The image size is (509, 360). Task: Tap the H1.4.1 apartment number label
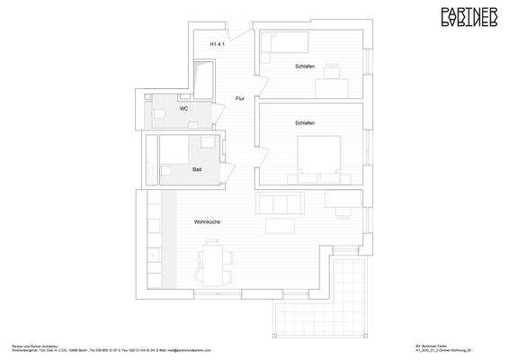pyautogui.click(x=218, y=44)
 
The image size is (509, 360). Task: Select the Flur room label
pyautogui.click(x=240, y=98)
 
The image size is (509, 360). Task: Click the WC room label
pyautogui.click(x=183, y=108)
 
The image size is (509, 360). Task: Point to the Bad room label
pyautogui.click(x=197, y=168)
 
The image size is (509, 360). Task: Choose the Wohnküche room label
pyautogui.click(x=207, y=221)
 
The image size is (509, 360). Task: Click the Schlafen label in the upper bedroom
pyautogui.click(x=304, y=68)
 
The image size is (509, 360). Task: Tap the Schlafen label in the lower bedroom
pyautogui.click(x=304, y=122)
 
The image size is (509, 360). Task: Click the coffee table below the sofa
pyautogui.click(x=281, y=223)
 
